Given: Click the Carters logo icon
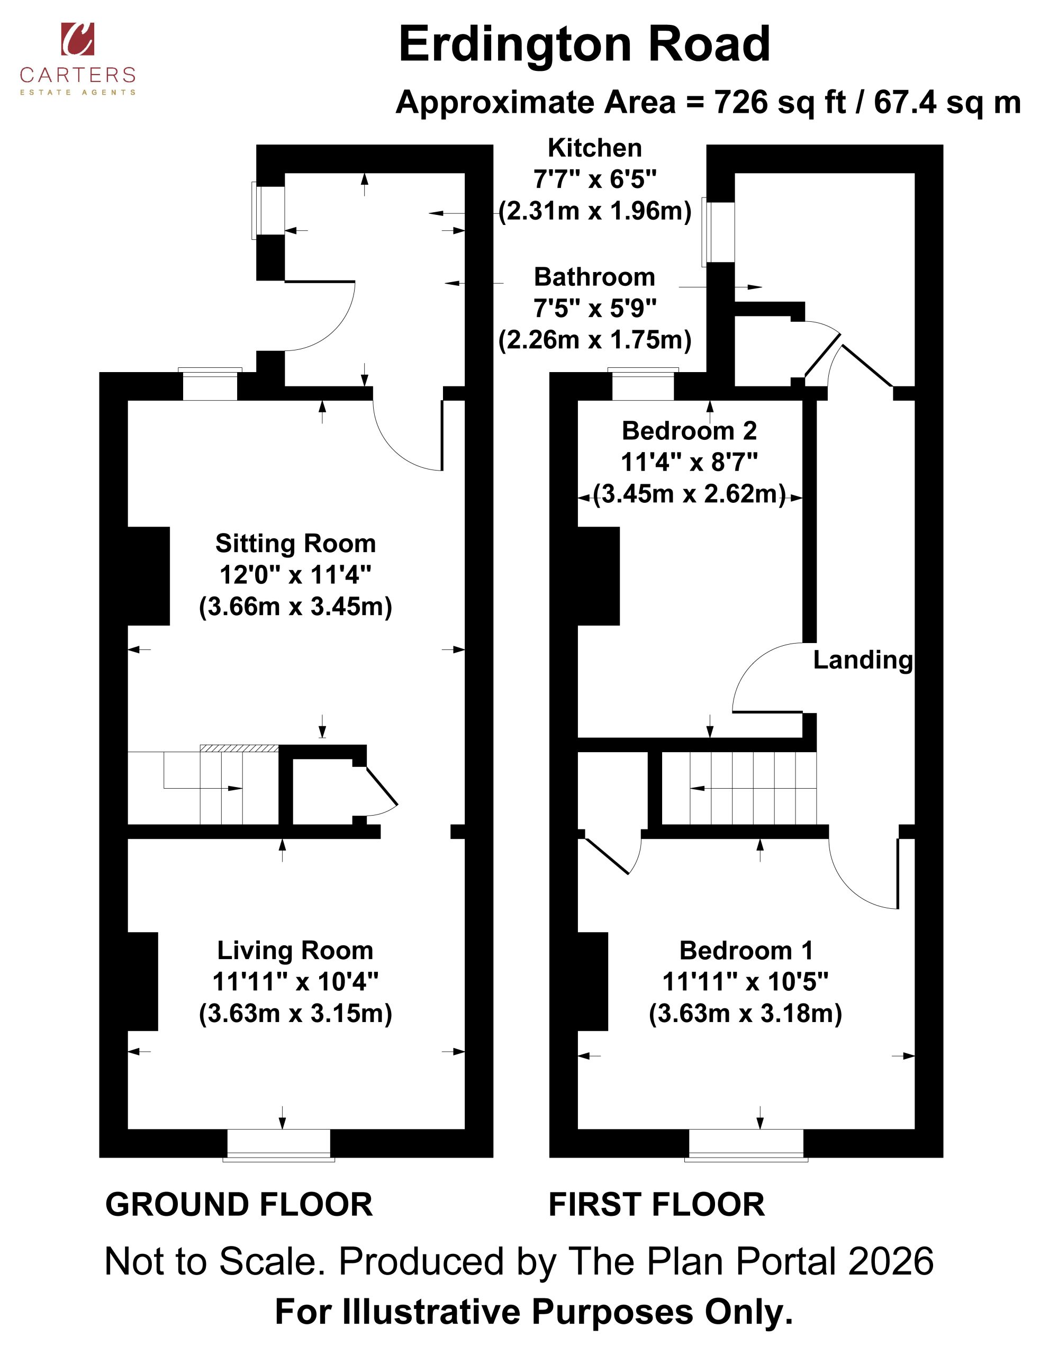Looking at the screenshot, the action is [78, 39].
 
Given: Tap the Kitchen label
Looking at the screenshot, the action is [594, 148].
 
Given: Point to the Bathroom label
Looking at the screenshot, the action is [594, 277].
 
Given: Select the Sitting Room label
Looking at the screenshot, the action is [295, 544].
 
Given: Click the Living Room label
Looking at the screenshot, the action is [295, 951].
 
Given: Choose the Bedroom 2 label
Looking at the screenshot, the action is [690, 430].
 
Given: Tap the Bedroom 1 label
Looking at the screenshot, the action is [746, 951].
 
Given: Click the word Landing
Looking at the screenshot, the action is [863, 660].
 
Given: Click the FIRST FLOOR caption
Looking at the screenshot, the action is [656, 1205].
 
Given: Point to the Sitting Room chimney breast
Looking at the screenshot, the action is [149, 576].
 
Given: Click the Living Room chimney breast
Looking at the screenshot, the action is [143, 981].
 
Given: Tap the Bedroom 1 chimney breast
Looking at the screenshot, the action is [593, 981].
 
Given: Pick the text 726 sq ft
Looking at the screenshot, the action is [780, 102].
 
